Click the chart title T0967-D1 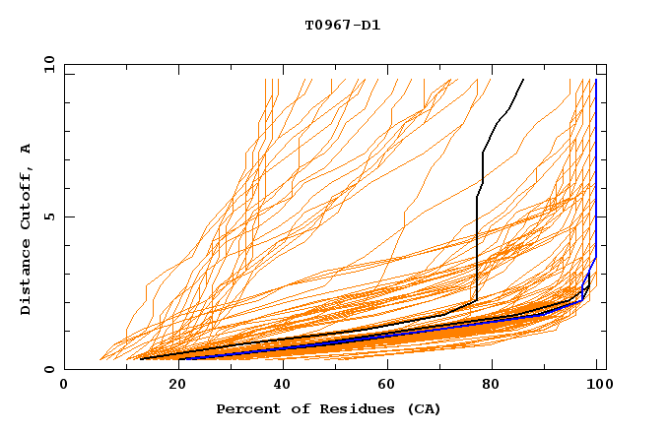tap(342, 25)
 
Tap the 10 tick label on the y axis tap(46, 64)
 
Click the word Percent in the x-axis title tap(246, 408)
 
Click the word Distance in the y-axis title tap(26, 277)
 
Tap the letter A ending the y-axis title tap(26, 149)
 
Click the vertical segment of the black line tap(477, 246)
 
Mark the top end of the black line tap(523, 80)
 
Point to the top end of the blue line tap(596, 80)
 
